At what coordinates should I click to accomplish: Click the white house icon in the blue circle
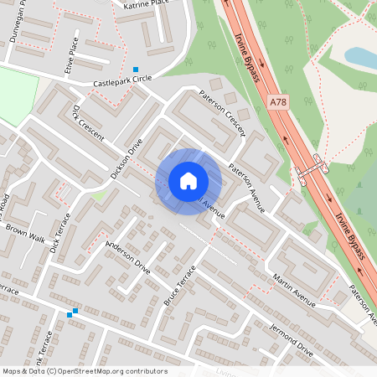[188, 181]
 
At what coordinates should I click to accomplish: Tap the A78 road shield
[280, 101]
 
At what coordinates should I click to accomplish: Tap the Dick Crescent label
[87, 124]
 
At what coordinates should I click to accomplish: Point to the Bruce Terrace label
[179, 285]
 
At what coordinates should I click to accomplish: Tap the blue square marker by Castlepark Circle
[136, 70]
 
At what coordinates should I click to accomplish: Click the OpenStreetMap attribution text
[84, 371]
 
